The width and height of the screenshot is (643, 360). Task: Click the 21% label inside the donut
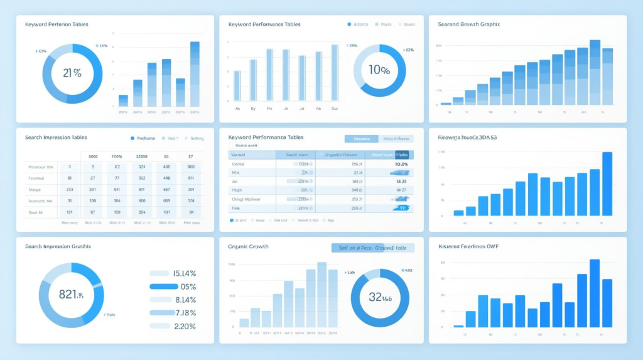tap(72, 72)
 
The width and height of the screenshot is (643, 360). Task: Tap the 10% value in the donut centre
tap(379, 70)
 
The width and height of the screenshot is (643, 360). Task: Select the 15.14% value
tap(184, 273)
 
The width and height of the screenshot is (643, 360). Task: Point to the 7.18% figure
tap(185, 313)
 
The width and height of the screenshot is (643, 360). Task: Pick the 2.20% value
tap(184, 326)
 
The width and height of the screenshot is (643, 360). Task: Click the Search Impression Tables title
tap(56, 137)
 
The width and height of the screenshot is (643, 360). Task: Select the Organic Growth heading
tap(248, 246)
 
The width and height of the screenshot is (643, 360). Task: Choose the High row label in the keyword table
tap(237, 189)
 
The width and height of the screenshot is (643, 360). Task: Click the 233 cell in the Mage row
tap(69, 189)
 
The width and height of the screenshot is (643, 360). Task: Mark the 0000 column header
tap(93, 156)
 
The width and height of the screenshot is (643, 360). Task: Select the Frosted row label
tap(36, 178)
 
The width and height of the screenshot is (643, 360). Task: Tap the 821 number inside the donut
tap(68, 294)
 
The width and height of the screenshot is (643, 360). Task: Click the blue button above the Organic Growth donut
tap(372, 248)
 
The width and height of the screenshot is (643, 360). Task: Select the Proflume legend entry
tap(143, 138)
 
